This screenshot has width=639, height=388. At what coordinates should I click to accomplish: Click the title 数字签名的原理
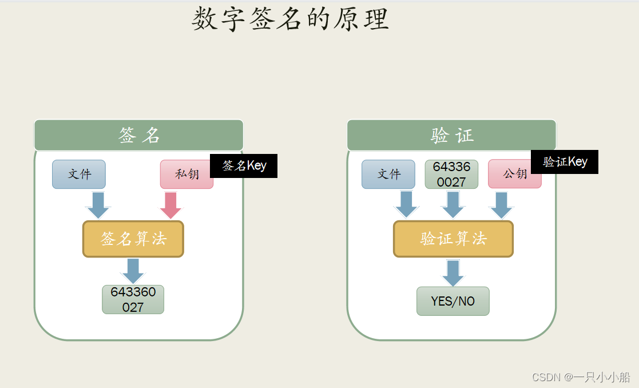point(290,19)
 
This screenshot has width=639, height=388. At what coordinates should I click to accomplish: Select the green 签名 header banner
point(139,135)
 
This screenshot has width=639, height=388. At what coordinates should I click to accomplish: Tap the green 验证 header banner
point(451,135)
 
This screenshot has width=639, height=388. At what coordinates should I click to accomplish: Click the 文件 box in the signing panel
point(79,174)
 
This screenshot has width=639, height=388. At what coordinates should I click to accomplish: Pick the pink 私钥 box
point(186,174)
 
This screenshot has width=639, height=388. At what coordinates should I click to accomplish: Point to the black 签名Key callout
point(244,166)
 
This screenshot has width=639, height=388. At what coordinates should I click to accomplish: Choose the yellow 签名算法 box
point(133,239)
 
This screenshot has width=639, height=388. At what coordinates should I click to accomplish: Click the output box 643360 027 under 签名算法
point(133,299)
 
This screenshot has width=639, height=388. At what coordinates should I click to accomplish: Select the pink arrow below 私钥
point(170,205)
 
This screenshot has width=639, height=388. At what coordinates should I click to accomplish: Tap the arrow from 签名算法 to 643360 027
point(133,270)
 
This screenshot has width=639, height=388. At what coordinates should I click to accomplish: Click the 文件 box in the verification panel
point(388,174)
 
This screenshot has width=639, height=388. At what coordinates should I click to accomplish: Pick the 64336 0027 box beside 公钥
point(451,174)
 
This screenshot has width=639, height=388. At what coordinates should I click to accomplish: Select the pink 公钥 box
point(514,174)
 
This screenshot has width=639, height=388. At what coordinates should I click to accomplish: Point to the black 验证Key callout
point(565,162)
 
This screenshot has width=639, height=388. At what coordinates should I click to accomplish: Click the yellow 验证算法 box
point(453,239)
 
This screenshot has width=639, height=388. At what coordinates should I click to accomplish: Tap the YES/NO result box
point(453,301)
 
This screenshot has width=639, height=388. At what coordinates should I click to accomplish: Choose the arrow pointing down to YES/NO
point(453,272)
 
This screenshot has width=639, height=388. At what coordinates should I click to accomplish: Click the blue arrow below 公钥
point(502,204)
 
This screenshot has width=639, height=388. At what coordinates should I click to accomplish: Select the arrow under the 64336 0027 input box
point(453,204)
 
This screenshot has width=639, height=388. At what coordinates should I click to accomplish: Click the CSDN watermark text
point(581,377)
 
